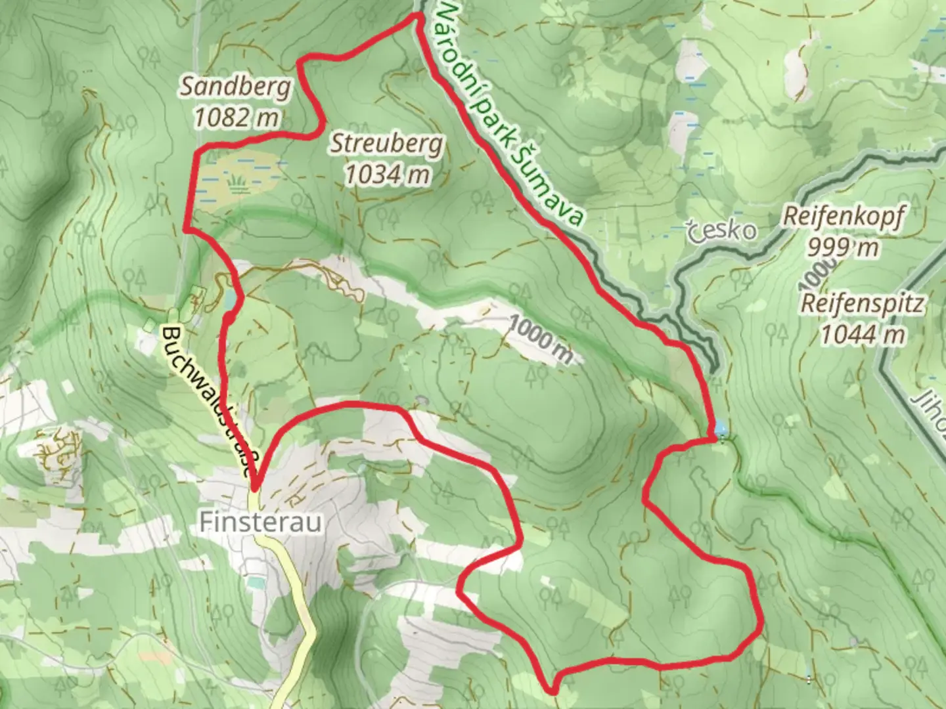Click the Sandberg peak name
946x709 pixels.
235,86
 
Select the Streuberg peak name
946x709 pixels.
386,144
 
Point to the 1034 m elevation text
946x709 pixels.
388,174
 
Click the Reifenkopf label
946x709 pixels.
844,217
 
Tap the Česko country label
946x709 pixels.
721,230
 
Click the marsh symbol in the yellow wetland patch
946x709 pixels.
238,182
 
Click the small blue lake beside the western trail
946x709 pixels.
229,300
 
